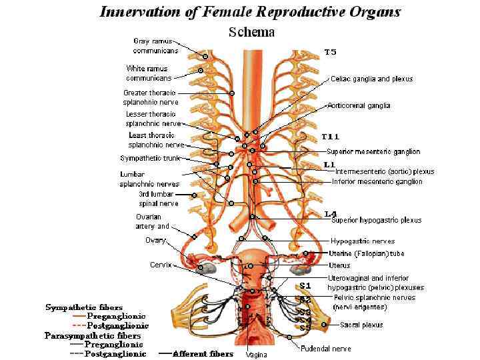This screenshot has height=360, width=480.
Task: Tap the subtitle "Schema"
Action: coord(252,31)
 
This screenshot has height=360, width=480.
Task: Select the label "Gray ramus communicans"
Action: coord(155,45)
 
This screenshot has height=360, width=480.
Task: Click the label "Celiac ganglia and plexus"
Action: coord(371,79)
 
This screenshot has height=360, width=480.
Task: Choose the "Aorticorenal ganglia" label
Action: coord(359,105)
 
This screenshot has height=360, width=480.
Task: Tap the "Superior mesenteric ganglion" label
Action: coord(373,151)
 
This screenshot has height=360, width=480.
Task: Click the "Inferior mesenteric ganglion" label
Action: coord(377,181)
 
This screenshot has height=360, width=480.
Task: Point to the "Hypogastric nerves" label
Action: coord(363,241)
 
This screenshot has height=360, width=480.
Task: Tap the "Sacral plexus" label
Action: coord(361,325)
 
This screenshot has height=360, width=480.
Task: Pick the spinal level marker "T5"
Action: coord(331,51)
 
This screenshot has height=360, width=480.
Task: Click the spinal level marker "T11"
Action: coord(331,136)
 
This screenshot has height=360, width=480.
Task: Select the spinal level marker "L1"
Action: coord(329,164)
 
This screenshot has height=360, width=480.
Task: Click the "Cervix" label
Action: coord(160,265)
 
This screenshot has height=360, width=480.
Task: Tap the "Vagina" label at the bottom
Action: coord(256,355)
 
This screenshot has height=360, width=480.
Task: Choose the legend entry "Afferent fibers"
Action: coord(203,354)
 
